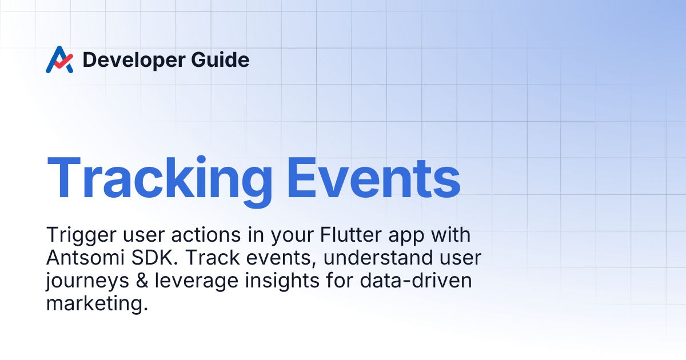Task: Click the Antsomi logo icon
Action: click(59, 59)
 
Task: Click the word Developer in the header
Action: click(134, 60)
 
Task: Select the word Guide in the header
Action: click(220, 59)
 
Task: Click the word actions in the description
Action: click(206, 235)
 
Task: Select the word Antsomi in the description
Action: click(85, 258)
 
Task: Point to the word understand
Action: click(378, 258)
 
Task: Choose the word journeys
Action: click(87, 282)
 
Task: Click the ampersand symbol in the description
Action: click(142, 281)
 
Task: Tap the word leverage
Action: click(197, 282)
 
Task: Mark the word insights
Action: click(282, 281)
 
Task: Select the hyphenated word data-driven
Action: click(416, 281)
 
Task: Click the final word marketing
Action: click(97, 304)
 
